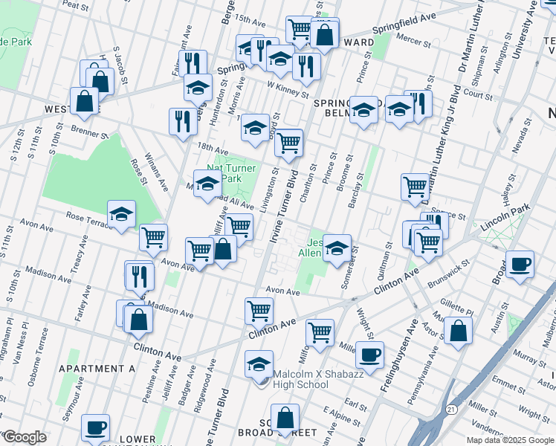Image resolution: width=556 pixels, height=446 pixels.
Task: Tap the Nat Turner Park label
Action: click(230, 173)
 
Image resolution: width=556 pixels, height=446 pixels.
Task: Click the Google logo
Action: click(25, 436)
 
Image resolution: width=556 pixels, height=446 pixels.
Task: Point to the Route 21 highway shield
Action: click(451, 409)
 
